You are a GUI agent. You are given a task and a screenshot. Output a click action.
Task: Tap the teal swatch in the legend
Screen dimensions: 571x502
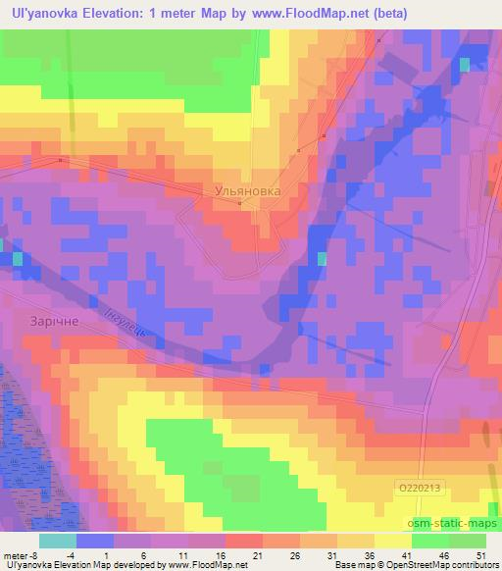[x=56, y=540]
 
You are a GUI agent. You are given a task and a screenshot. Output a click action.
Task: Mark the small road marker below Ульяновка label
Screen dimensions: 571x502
[x=240, y=204]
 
